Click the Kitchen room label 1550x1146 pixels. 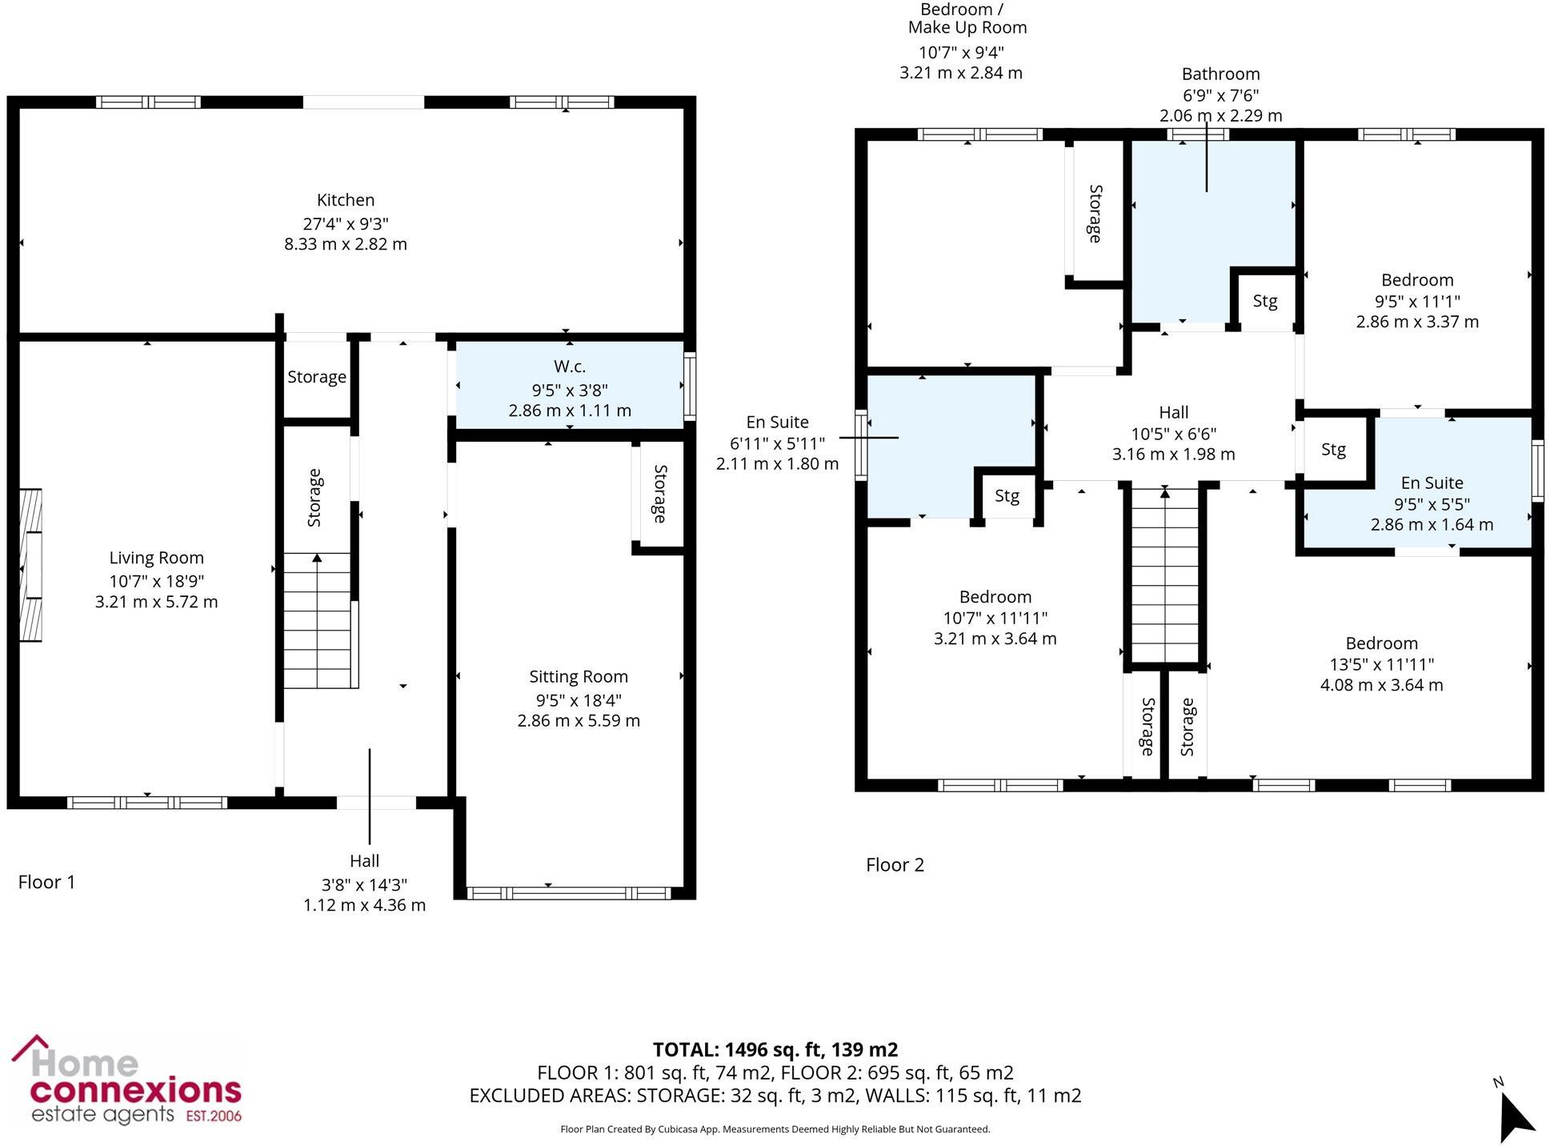point(345,200)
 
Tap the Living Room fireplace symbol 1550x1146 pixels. point(31,565)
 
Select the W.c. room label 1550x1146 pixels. point(569,367)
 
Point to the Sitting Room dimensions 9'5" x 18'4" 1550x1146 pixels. point(578,699)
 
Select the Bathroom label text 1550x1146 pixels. point(1220,74)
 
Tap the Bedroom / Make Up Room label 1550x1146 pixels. point(966,19)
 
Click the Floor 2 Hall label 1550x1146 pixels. point(1173,412)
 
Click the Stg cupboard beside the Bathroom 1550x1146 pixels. point(1264,301)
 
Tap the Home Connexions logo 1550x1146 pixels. point(126,1080)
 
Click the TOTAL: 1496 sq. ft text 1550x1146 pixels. point(775,1049)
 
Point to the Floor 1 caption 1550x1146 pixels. point(46,882)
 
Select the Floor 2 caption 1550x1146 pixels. point(895,865)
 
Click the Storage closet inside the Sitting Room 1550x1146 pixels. point(659,494)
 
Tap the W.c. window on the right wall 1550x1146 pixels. point(689,386)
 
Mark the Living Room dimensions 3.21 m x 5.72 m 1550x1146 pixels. point(156,602)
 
